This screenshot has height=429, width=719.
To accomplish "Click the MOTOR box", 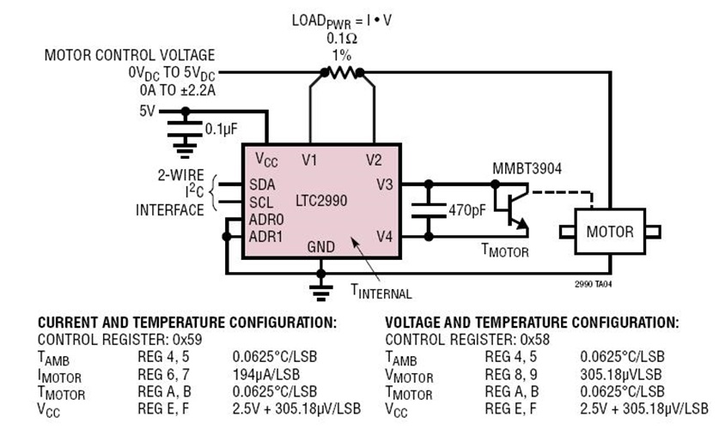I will (609, 232).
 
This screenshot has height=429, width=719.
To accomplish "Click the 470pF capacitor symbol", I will (429, 209).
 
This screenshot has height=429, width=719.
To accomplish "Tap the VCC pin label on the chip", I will (267, 160).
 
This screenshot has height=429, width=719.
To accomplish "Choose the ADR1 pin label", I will (265, 236).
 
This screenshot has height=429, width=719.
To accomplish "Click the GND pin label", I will (321, 247).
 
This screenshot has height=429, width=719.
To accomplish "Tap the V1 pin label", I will (310, 160).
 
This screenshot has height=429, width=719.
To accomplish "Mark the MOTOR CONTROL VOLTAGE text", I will (130, 56).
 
